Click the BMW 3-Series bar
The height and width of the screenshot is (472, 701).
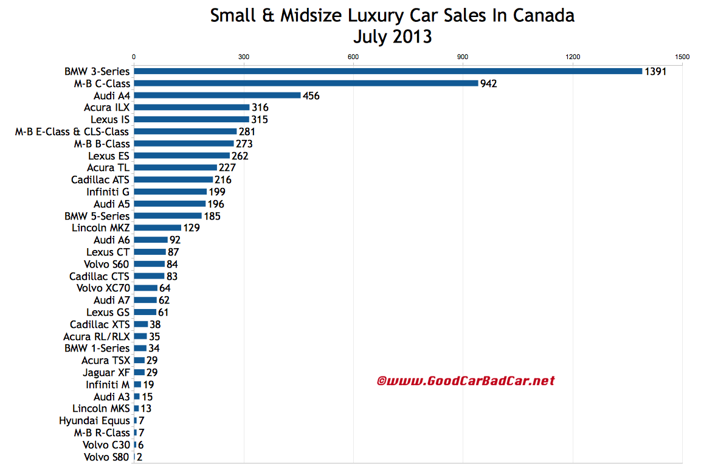click(x=388, y=71)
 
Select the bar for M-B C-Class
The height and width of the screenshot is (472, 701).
click(x=306, y=83)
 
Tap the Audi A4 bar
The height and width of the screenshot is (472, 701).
click(x=217, y=95)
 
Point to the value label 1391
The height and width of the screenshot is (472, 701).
click(x=656, y=71)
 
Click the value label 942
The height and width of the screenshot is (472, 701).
click(x=488, y=83)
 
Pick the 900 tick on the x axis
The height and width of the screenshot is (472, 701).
click(x=463, y=57)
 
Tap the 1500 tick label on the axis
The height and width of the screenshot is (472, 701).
click(x=682, y=57)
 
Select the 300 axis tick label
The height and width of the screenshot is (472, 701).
click(x=244, y=57)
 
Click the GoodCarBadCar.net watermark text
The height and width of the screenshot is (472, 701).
click(x=466, y=381)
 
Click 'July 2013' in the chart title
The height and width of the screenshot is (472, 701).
click(x=392, y=36)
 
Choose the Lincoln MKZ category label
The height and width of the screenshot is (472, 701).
click(x=100, y=228)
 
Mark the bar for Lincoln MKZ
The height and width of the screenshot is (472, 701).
click(x=157, y=228)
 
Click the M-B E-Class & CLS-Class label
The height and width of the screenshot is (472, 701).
click(x=72, y=131)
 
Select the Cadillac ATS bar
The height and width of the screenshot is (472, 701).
click(x=173, y=179)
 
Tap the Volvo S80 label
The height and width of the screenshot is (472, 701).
click(x=106, y=457)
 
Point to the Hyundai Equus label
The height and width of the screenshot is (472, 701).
click(x=94, y=420)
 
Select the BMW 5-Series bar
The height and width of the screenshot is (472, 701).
click(x=168, y=216)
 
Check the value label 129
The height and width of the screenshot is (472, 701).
click(x=192, y=228)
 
